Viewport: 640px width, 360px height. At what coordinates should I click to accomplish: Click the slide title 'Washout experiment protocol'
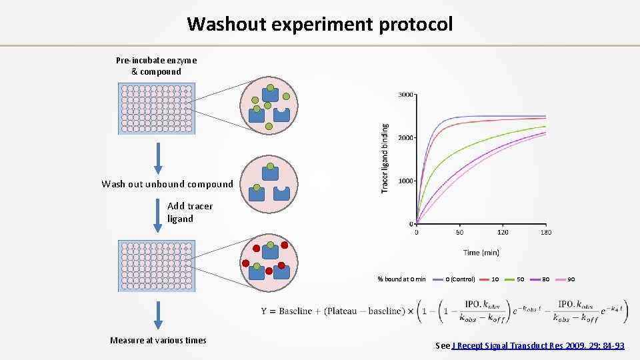[320, 24]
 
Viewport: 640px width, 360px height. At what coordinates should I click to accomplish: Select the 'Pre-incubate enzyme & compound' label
[156, 66]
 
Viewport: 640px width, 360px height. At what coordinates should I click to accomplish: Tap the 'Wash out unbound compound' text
[167, 184]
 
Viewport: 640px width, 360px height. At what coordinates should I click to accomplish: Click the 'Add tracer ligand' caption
[189, 212]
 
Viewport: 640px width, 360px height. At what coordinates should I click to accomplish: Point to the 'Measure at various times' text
[158, 340]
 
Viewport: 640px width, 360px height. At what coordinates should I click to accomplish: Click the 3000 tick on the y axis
[405, 95]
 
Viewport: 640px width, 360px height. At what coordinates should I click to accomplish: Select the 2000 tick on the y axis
[405, 137]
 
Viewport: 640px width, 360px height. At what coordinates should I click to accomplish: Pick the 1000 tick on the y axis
[405, 181]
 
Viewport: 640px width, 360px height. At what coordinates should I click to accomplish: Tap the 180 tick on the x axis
[545, 233]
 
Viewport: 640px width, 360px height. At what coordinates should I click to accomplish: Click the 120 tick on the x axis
[503, 233]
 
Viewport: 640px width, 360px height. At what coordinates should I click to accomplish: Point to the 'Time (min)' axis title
[481, 252]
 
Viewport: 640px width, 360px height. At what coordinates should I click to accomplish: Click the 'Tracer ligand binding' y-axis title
[385, 158]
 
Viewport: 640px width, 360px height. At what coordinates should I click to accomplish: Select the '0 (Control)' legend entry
[460, 279]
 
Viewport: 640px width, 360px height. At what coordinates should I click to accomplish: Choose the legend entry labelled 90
[571, 279]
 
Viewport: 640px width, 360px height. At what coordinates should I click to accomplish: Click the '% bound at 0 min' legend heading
[401, 279]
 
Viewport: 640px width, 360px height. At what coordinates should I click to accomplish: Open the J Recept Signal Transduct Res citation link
[538, 345]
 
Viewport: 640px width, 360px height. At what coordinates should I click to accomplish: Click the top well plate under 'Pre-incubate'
[156, 109]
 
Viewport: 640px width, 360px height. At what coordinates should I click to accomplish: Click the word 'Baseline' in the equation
[297, 311]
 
